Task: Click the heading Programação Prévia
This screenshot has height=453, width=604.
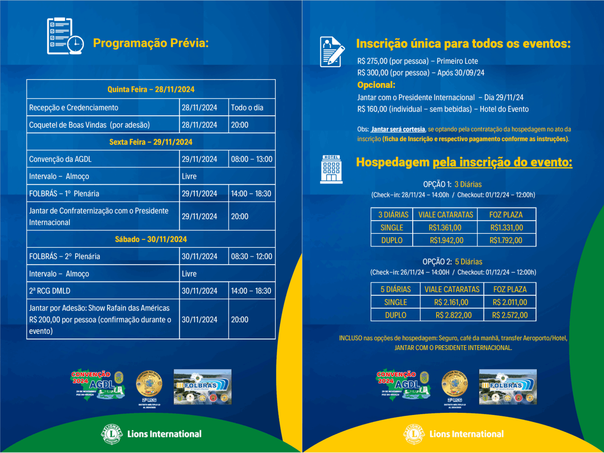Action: (151, 43)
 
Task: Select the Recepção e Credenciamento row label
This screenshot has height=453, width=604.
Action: (74, 107)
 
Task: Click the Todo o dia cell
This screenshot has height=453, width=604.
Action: (247, 107)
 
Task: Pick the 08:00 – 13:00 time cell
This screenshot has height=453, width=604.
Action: (251, 159)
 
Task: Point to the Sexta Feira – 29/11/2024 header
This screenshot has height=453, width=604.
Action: (151, 142)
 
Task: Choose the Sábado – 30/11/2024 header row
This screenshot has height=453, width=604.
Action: (151, 239)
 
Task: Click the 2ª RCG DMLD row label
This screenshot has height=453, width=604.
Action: (50, 291)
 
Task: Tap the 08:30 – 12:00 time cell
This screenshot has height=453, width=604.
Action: (251, 256)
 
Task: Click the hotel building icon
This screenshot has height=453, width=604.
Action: (331, 169)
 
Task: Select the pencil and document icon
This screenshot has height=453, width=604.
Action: (332, 52)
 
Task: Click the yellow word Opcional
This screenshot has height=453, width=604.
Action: (376, 85)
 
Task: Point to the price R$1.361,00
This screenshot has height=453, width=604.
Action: (445, 228)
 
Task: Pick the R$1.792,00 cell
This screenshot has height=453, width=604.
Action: (506, 240)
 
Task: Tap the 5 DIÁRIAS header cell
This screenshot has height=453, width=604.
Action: (395, 289)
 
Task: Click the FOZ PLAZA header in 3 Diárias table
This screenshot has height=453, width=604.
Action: (506, 215)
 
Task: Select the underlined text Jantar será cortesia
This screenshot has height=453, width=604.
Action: (398, 129)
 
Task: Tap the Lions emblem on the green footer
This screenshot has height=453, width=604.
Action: (112, 434)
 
